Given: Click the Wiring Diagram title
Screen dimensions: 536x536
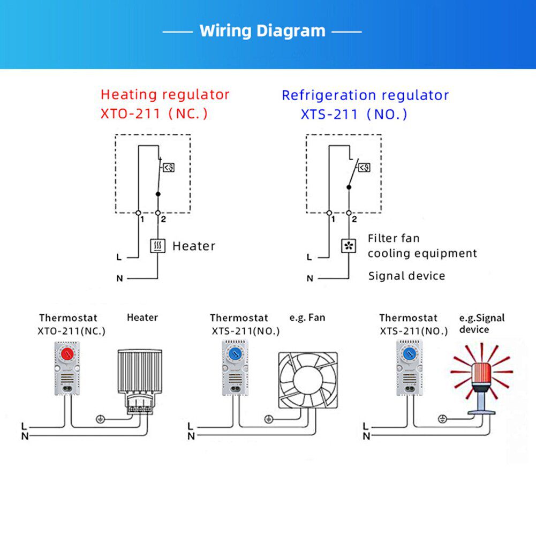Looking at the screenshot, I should point(262,31).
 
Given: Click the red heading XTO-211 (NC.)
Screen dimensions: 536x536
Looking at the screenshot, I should point(154,114).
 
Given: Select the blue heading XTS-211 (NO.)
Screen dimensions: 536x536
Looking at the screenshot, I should point(353,114).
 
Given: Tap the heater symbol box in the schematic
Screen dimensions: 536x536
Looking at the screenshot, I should point(157,246).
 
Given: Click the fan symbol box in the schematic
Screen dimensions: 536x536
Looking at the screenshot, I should point(349,246).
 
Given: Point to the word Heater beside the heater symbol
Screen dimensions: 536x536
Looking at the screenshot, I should point(194,246).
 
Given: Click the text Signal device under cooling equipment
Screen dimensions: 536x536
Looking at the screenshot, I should point(406,276).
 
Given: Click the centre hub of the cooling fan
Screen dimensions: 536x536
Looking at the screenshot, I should point(308,381).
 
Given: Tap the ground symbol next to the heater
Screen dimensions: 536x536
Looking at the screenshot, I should point(99,419).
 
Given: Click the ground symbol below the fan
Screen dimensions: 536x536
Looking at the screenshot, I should point(268,419).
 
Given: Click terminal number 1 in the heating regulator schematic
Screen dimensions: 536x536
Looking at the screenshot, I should point(142,219).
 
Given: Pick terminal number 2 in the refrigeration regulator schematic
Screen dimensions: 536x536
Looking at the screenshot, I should point(354,219).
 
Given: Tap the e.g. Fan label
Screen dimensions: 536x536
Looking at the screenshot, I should point(307,318).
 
